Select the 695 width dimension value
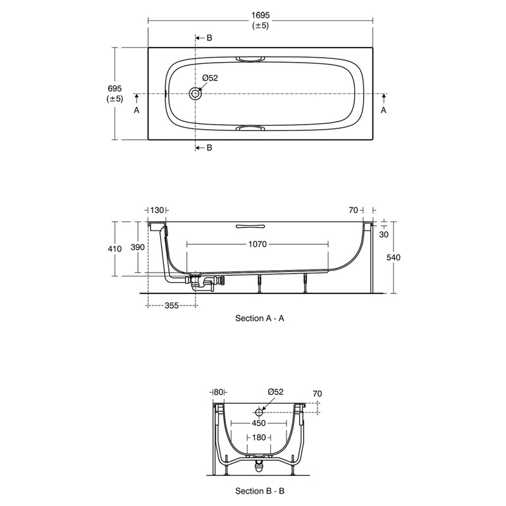tap(114, 89)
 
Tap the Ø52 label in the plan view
tap(210, 78)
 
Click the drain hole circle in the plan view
tap(195, 94)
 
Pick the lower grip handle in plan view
tap(252, 128)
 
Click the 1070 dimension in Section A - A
tap(258, 244)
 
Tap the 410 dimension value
tap(114, 249)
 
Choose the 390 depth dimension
tap(138, 247)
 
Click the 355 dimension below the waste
tap(171, 305)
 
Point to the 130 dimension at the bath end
tap(156, 209)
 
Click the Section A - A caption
tap(260, 319)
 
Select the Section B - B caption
tap(260, 490)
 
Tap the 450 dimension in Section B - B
tap(258, 423)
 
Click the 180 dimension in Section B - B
tap(258, 438)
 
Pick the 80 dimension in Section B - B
tap(219, 393)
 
